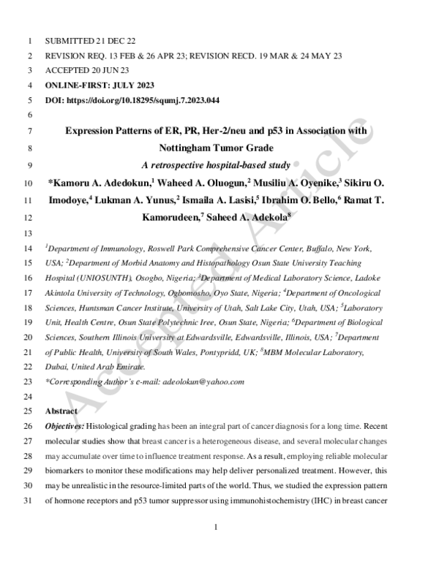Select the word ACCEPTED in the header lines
click(x=67, y=71)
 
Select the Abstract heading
click(x=62, y=411)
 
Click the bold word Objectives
click(x=64, y=426)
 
